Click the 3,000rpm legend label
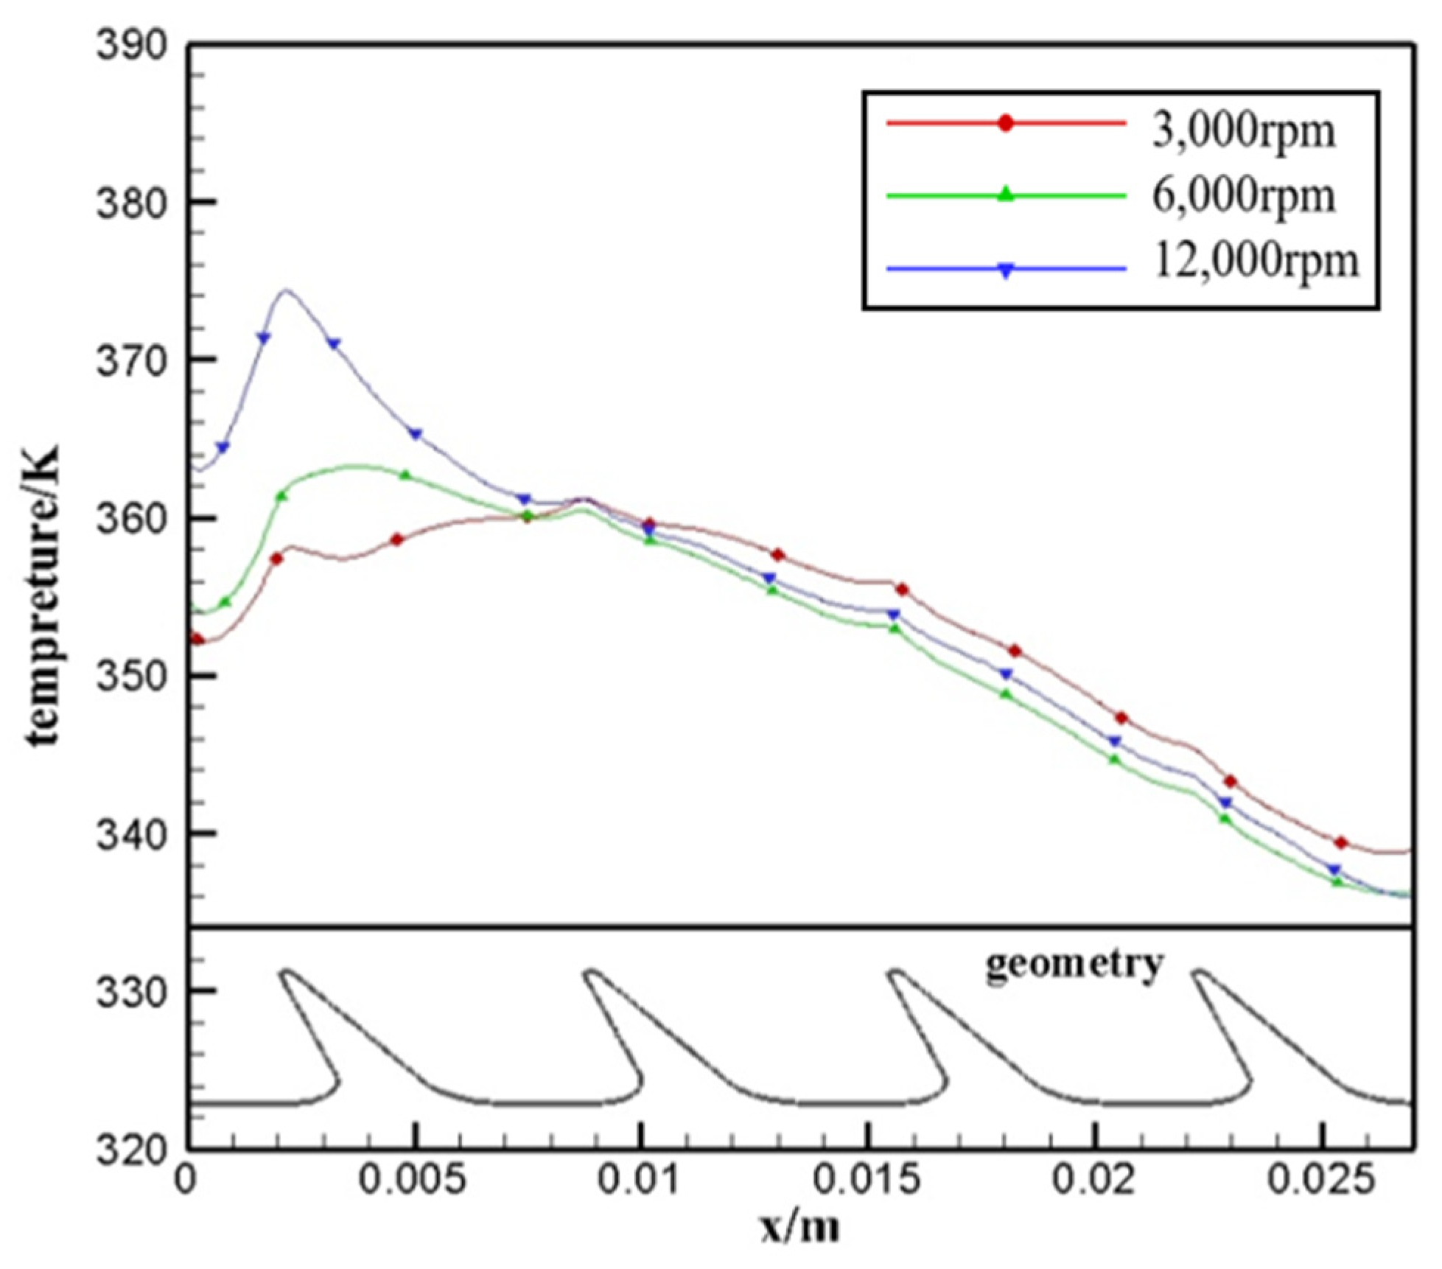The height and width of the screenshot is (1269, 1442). pyautogui.click(x=1243, y=132)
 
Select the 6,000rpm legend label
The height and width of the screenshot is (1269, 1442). pyautogui.click(x=1243, y=197)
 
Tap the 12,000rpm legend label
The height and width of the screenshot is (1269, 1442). pyautogui.click(x=1255, y=261)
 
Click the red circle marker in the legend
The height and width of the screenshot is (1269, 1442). pyautogui.click(x=1006, y=123)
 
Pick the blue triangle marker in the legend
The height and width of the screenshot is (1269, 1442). pyautogui.click(x=1006, y=270)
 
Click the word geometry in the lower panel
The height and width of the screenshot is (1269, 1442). pyautogui.click(x=1075, y=964)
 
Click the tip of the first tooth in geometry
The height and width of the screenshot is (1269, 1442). pyautogui.click(x=286, y=972)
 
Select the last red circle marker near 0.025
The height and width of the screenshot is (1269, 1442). pyautogui.click(x=1341, y=842)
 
